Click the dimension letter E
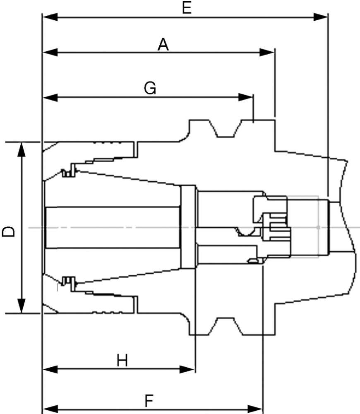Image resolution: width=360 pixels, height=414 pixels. pos(187,8)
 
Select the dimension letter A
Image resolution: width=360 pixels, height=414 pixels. pos(163,44)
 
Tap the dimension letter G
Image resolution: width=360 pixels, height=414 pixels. pos(150,88)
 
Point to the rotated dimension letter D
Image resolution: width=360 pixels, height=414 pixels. pos(9,231)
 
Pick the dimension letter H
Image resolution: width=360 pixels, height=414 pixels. pos(122,361)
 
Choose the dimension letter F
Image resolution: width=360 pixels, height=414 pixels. pos(149,400)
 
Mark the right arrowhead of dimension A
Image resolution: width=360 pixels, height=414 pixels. pos(267,52)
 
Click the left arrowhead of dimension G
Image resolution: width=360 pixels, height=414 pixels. pos(50,97)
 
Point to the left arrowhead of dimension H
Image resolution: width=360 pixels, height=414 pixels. pos(50,369)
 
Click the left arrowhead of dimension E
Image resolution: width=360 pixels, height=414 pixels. pos(50,17)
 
